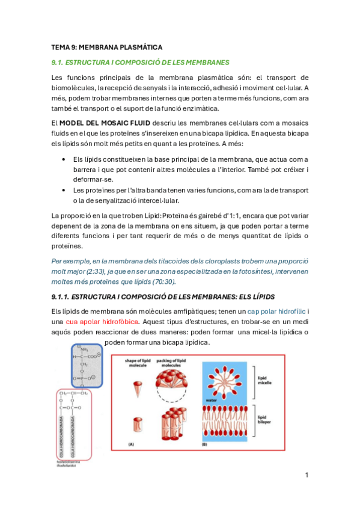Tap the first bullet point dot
pos(64,159)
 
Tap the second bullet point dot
pos(64,189)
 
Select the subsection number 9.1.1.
pos(60,296)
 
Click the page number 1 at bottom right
pos(307,475)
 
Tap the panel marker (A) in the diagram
pos(129,444)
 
